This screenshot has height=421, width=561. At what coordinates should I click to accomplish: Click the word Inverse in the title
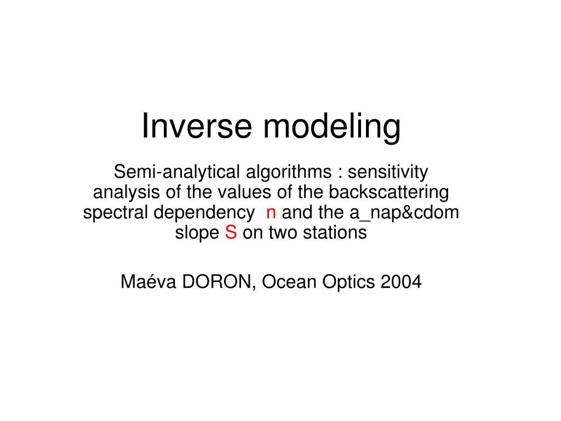[198, 126]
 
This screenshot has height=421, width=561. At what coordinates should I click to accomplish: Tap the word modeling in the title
[332, 127]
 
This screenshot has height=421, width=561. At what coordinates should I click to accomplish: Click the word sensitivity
[388, 172]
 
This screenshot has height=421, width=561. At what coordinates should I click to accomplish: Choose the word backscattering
[388, 192]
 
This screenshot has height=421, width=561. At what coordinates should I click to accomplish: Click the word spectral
[116, 213]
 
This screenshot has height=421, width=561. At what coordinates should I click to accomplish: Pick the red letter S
[231, 232]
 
